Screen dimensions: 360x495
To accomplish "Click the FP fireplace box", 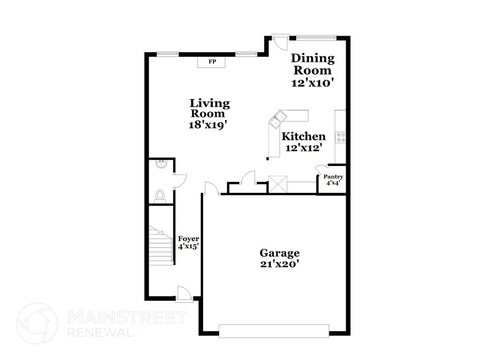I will tap(212, 62).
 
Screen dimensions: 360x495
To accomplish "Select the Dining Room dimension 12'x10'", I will tap(312, 82).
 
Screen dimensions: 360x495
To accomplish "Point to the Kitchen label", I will tap(303, 136).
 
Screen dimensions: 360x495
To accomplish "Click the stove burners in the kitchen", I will tap(341, 137).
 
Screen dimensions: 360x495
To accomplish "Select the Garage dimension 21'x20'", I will tap(279, 264).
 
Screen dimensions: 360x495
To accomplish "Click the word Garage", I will tap(279, 252).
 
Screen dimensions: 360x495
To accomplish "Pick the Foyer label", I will tap(188, 238).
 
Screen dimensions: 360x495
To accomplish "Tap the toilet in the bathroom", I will tap(160, 195).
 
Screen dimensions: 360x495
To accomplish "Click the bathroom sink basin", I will tap(160, 163).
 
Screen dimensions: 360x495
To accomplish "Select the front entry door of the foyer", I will tap(183, 294).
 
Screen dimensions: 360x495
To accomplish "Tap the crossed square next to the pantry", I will tap(278, 184).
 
